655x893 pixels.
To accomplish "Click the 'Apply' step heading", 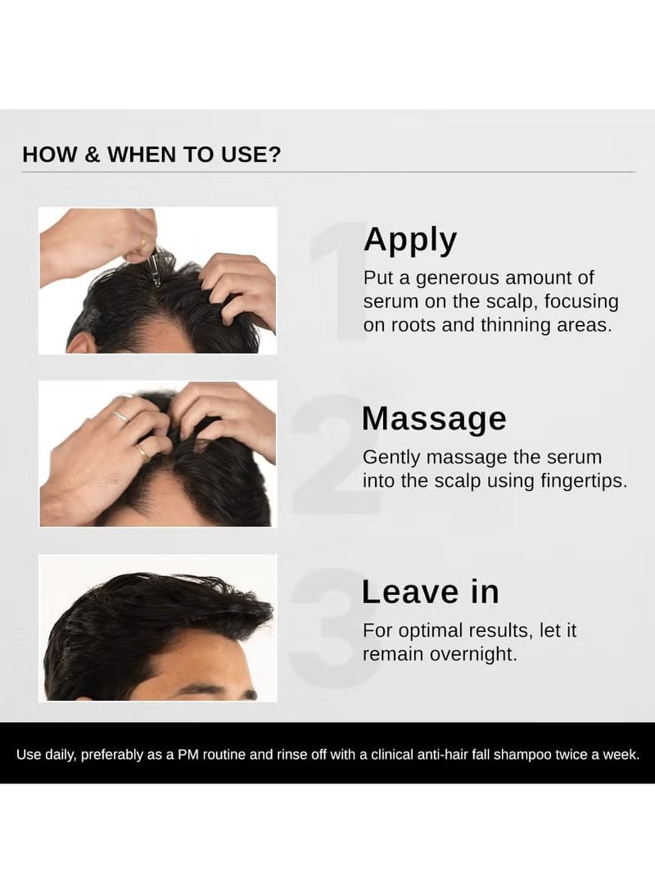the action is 410,241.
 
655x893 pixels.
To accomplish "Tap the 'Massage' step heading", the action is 434,418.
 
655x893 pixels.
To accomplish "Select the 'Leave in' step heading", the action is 431,592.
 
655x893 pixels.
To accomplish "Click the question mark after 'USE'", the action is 274,155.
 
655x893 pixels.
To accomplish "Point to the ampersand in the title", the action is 92,155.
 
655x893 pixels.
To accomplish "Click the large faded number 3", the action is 335,626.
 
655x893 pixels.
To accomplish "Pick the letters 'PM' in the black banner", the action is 188,755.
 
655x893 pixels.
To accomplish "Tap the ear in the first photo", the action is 79,344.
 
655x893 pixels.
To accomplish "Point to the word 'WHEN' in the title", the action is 142,155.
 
